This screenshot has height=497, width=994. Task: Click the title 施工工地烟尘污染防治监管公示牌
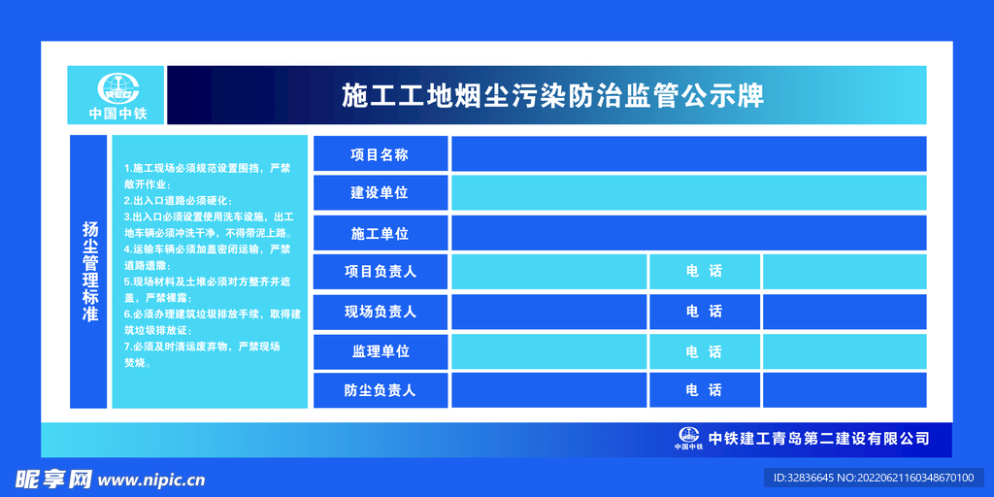pyautogui.click(x=552, y=96)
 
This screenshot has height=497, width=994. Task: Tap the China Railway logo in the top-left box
pyautogui.click(x=117, y=88)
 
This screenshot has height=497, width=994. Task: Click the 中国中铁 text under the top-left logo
pyautogui.click(x=117, y=115)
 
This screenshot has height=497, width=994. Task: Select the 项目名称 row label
pyautogui.click(x=380, y=154)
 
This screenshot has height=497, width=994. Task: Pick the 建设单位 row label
pyautogui.click(x=380, y=193)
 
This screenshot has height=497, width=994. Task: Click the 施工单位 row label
pyautogui.click(x=380, y=233)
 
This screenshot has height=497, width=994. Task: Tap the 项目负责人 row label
pyautogui.click(x=380, y=272)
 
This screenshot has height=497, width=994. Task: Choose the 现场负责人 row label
pyautogui.click(x=380, y=312)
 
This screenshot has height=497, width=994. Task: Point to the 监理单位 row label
pyautogui.click(x=380, y=351)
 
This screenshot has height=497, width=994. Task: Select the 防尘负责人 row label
pyautogui.click(x=380, y=390)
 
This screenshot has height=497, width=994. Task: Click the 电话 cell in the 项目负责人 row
pyautogui.click(x=705, y=272)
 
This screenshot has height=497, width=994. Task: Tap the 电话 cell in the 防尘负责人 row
pyautogui.click(x=705, y=390)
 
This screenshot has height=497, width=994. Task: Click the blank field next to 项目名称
pyautogui.click(x=689, y=154)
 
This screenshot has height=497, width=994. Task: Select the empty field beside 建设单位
pyautogui.click(x=689, y=193)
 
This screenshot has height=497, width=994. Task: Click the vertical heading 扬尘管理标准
pyautogui.click(x=90, y=272)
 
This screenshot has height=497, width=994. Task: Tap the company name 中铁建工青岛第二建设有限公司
pyautogui.click(x=818, y=438)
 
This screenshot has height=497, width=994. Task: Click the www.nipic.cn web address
pyautogui.click(x=151, y=480)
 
